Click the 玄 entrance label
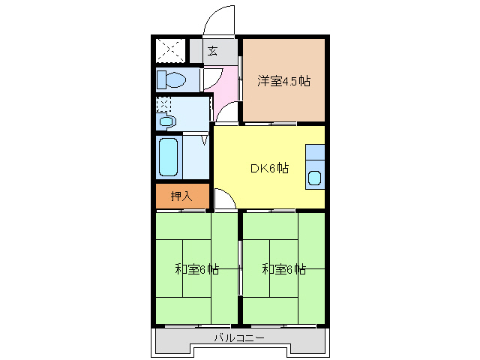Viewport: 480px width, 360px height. click(212, 52)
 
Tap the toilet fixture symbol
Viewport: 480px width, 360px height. click(172, 79)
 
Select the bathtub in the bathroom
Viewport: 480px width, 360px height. click(169, 157)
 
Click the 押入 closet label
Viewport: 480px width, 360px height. click(181, 196)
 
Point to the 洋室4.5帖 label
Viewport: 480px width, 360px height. click(284, 81)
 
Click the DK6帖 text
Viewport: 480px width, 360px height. click(269, 168)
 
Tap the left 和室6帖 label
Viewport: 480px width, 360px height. click(196, 268)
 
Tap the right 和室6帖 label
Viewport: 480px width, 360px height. click(283, 268)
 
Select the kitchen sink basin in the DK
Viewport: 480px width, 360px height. click(315, 179)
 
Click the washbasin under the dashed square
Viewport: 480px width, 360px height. click(166, 121)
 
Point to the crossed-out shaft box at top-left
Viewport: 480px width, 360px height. click(169, 51)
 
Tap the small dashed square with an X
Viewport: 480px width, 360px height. click(163, 105)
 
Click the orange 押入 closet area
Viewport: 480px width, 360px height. click(181, 196)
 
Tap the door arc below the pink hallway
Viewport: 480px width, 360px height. click(226, 115)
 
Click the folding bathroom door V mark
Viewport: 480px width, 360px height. click(203, 139)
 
